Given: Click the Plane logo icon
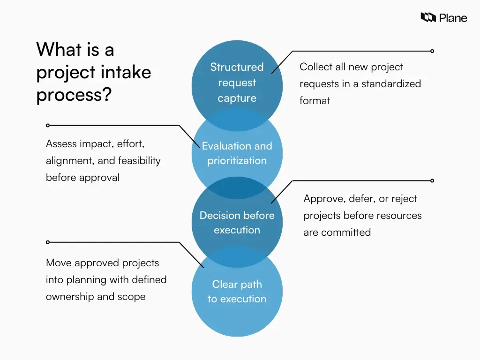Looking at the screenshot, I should tap(428, 18).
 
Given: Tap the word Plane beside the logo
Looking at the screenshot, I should tap(453, 18).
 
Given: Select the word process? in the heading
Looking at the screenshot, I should tap(74, 95).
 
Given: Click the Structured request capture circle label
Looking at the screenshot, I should tap(237, 82).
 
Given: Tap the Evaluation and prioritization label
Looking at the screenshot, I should tap(237, 153).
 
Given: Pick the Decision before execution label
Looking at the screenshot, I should tap(237, 223).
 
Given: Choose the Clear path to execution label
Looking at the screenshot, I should tap(237, 292).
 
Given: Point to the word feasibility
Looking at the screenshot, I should tap(139, 161).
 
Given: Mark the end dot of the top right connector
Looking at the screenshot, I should tap(432, 51).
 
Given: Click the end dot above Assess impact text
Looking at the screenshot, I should tap(47, 126).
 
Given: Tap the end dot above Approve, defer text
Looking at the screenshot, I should tap(432, 180).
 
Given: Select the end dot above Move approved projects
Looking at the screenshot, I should tap(47, 242).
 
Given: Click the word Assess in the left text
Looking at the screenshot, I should tap(61, 144).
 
